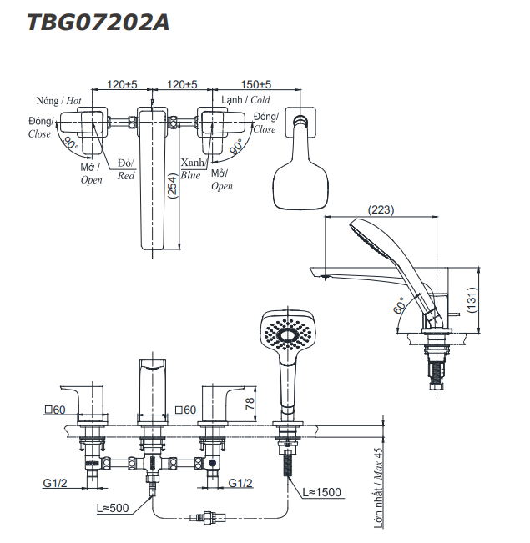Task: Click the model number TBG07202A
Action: pos(98,23)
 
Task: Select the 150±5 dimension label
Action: pos(257,84)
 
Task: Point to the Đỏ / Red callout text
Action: pos(126,169)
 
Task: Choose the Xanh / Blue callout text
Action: pos(191,169)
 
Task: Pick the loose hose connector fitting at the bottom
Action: pos(209,515)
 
